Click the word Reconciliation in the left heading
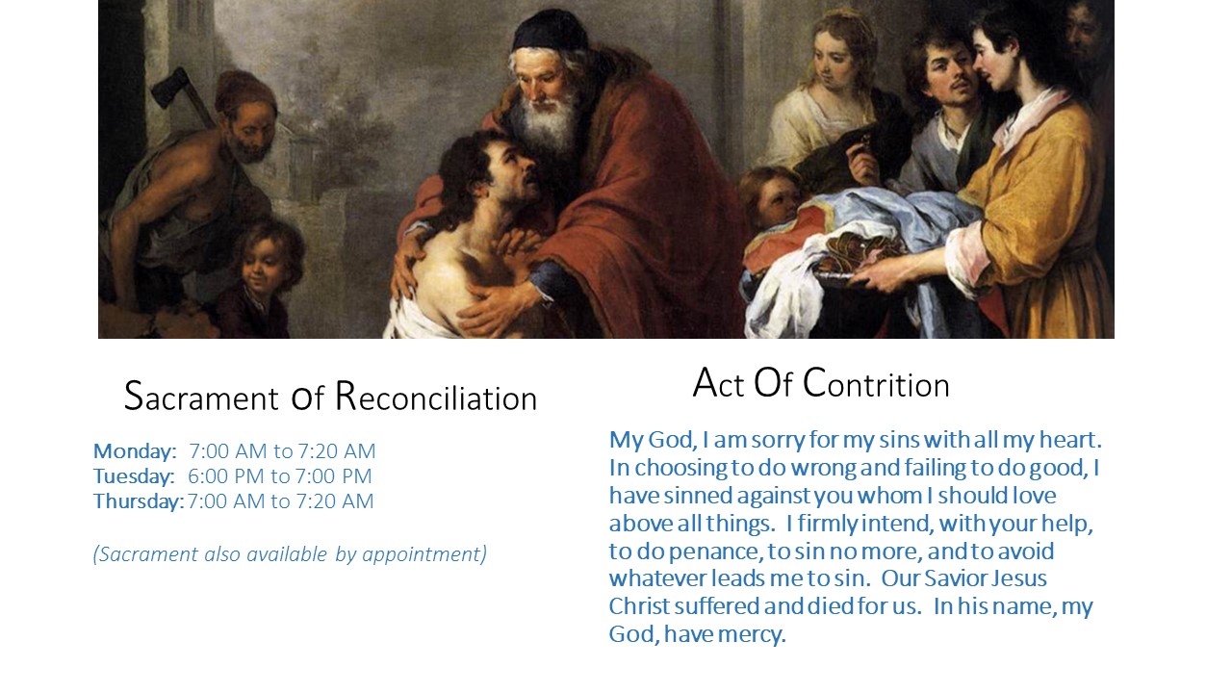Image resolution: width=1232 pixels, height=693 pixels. pyautogui.click(x=436, y=396)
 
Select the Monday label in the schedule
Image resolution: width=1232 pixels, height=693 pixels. pyautogui.click(x=135, y=451)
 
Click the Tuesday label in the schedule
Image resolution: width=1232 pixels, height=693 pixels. pyautogui.click(x=134, y=476)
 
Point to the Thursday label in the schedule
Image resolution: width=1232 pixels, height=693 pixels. pyautogui.click(x=139, y=501)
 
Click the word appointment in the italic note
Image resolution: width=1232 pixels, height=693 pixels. pyautogui.click(x=424, y=554)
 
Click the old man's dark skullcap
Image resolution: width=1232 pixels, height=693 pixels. pyautogui.click(x=549, y=32)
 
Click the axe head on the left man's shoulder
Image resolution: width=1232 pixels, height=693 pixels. pyautogui.click(x=169, y=88)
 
